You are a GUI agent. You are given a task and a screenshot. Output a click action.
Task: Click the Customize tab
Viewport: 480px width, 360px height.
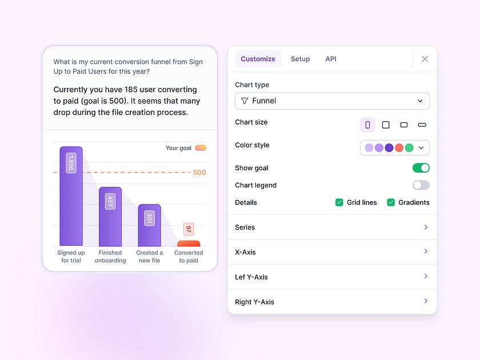258,59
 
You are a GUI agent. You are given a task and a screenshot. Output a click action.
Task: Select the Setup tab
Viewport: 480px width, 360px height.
300,59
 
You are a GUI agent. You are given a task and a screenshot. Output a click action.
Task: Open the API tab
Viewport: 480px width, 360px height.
331,59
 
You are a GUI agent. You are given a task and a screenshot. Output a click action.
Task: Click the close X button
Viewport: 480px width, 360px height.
425,59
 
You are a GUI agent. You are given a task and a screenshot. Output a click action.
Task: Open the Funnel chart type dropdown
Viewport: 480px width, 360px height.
332,101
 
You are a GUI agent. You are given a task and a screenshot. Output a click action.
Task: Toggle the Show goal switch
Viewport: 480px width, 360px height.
421,168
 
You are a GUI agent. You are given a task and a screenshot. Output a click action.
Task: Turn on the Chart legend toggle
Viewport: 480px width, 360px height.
421,185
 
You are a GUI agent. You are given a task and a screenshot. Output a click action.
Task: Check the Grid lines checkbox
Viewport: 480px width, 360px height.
339,202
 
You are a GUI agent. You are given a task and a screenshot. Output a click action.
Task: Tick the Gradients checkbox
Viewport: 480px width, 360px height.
391,202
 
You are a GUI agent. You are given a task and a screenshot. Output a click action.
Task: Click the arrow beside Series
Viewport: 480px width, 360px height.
426,227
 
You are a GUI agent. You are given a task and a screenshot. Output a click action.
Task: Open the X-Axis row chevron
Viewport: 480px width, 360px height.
426,251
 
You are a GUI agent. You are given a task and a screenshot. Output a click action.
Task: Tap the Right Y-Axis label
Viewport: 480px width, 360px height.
254,302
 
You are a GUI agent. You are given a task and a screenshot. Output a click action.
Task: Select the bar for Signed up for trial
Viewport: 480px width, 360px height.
71,197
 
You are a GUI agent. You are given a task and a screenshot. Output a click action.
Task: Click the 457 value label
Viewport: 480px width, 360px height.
110,201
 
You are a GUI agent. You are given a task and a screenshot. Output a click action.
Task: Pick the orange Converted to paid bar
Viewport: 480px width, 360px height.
189,243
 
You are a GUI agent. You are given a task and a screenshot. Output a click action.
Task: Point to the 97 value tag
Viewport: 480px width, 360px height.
189,229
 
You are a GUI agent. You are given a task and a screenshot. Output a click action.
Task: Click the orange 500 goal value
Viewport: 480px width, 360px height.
199,173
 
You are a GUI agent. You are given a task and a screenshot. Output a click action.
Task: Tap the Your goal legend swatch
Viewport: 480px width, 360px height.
201,148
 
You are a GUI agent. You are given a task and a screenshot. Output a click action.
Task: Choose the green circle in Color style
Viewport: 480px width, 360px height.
409,147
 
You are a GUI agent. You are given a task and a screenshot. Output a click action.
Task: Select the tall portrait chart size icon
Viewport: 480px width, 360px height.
367,125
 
